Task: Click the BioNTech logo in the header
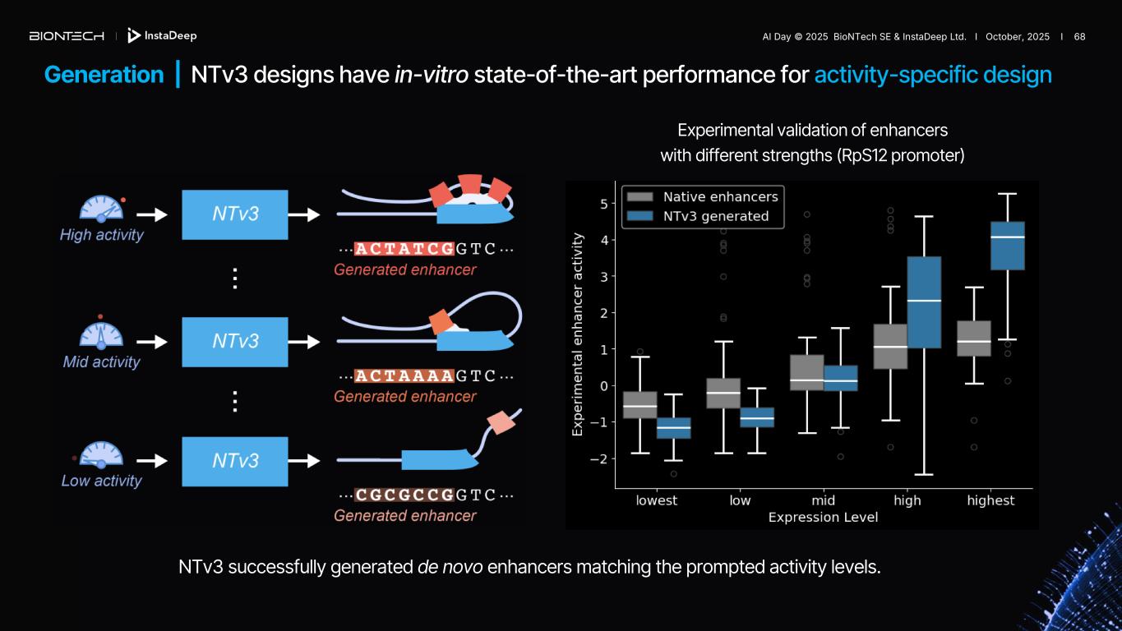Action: pos(67,36)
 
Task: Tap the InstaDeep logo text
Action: pos(169,36)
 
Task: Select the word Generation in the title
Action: pos(104,75)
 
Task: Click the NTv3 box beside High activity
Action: pos(235,214)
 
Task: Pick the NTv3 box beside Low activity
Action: pos(235,461)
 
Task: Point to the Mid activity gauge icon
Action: pos(101,333)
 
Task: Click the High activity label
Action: pos(101,235)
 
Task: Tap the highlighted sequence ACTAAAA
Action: pos(404,376)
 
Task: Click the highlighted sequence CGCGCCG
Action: pos(404,495)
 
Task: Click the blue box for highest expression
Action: pos(1007,246)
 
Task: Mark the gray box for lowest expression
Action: pos(639,405)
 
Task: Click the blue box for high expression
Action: pos(924,302)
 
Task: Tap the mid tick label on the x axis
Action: pos(823,500)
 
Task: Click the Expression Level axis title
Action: pos(823,517)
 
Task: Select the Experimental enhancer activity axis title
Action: pos(578,334)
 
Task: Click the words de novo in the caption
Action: pos(450,567)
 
